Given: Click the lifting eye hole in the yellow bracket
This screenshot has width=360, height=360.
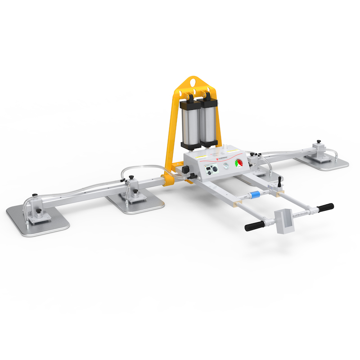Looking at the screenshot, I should coord(193,82).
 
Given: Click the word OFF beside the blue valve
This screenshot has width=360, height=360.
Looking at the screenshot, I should coord(246,198).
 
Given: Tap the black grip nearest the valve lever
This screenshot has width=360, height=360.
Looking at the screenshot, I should coord(325,207).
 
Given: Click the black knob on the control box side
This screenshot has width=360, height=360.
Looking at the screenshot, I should coord(184,170).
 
